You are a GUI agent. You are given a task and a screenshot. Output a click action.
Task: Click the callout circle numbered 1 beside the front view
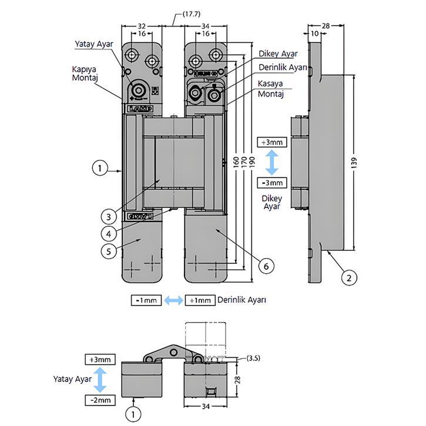point(101,169)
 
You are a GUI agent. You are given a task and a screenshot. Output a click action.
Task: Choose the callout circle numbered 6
point(266,266)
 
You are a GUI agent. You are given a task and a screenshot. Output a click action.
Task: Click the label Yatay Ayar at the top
point(93,45)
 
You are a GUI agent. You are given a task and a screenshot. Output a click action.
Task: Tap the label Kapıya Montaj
point(85,73)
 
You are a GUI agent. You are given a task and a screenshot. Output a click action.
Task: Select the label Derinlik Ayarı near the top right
point(283,68)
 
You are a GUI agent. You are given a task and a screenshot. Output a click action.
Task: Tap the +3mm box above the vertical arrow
point(271,143)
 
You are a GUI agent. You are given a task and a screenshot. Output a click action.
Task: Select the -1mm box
point(146,300)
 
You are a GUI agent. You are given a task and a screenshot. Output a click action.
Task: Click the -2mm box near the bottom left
point(101,400)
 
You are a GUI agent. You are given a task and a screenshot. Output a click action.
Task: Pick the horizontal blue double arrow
point(173,300)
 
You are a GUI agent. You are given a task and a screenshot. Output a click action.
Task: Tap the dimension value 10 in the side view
point(316,34)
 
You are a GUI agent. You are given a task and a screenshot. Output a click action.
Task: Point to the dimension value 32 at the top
point(142,26)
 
